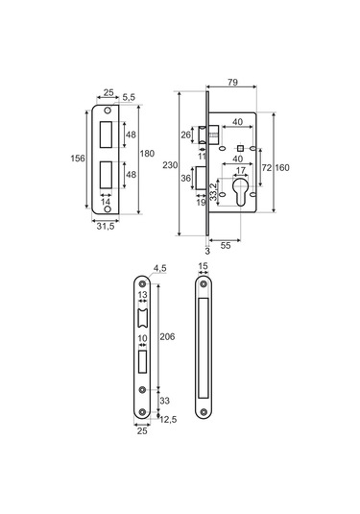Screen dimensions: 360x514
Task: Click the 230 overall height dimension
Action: [x=170, y=165]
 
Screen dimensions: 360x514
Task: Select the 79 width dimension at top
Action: [x=232, y=82]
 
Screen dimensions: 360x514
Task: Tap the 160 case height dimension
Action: [x=282, y=168]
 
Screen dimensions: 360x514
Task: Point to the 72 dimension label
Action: [x=267, y=168]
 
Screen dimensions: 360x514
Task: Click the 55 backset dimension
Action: [x=226, y=246]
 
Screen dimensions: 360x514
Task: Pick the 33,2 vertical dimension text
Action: [x=213, y=192]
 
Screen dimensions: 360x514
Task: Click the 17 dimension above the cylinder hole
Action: [x=240, y=171]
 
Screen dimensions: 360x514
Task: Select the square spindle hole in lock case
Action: [x=240, y=148]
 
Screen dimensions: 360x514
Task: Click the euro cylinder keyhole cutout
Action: [x=240, y=192]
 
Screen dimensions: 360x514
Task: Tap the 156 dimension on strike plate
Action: [x=78, y=159]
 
